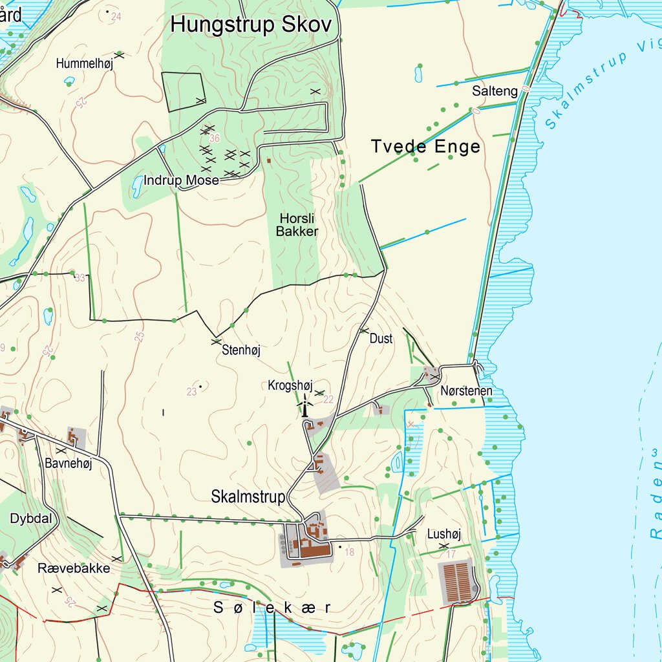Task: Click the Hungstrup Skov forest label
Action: click(251, 25)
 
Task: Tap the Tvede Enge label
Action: click(425, 147)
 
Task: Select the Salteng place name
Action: click(495, 91)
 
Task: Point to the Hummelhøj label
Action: click(84, 63)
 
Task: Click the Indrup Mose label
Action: click(181, 180)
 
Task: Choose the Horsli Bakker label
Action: click(297, 225)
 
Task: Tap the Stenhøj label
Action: click(240, 350)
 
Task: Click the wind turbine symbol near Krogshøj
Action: click(304, 405)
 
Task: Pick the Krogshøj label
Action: click(290, 386)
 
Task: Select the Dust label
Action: click(381, 338)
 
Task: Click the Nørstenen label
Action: click(466, 391)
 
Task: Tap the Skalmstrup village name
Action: click(248, 497)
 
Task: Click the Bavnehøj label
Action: click(69, 463)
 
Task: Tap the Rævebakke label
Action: click(74, 568)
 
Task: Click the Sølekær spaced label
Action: click(272, 608)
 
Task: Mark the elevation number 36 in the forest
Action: click(215, 138)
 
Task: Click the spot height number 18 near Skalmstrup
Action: click(350, 551)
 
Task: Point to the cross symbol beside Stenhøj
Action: click(217, 340)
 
